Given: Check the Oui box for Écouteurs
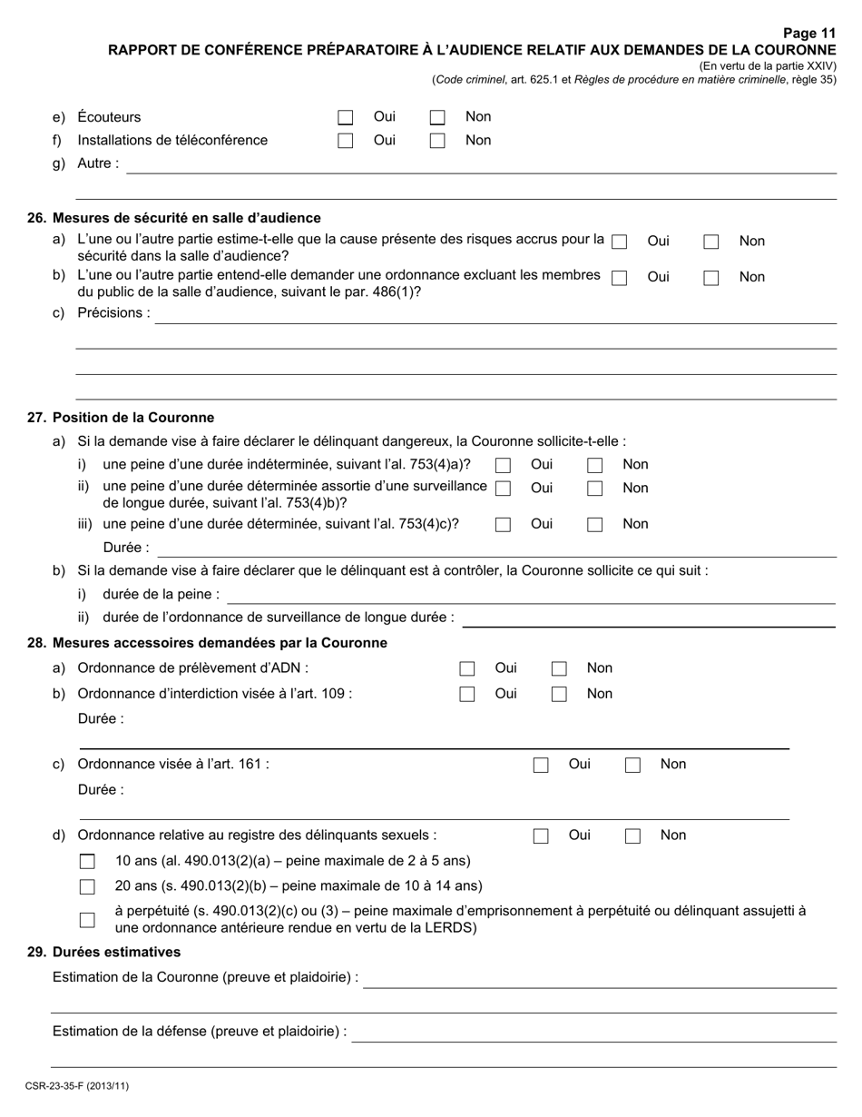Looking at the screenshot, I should click(345, 117).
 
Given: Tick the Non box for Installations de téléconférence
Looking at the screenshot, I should click(437, 141).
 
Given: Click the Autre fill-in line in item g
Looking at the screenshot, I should click(481, 164).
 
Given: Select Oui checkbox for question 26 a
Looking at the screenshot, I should click(620, 242).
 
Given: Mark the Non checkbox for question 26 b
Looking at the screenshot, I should click(711, 278).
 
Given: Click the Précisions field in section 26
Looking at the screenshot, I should click(495, 313).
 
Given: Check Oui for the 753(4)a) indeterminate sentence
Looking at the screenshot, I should click(504, 465).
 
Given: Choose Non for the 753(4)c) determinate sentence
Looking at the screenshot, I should click(595, 524).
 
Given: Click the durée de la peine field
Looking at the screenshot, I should click(530, 595).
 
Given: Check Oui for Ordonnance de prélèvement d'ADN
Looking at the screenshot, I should click(467, 669).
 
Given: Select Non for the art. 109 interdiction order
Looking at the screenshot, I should click(560, 695).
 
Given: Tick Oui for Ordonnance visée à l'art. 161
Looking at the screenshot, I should click(541, 765).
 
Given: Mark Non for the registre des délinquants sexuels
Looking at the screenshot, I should click(632, 836).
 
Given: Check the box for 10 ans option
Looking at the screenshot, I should click(87, 861).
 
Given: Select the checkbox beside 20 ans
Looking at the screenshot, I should click(87, 886).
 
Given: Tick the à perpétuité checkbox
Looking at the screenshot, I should click(87, 919).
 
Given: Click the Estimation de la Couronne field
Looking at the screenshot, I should click(599, 979).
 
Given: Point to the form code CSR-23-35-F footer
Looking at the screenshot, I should click(77, 1085).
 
